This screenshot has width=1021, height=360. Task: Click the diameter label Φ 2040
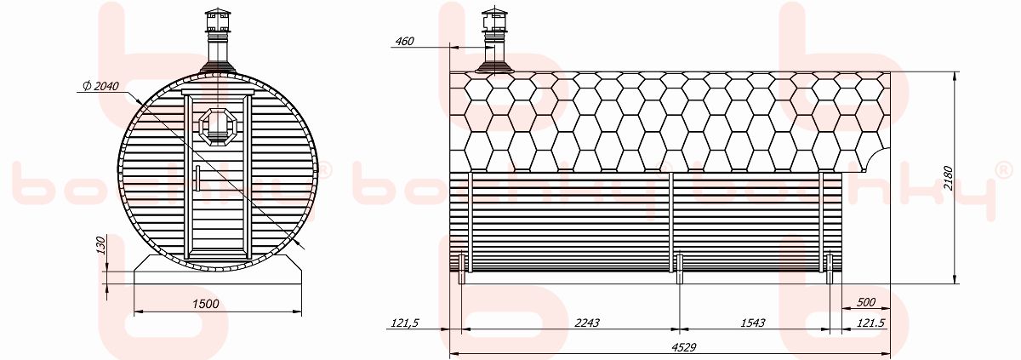click(x=101, y=86)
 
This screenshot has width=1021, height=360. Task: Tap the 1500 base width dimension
click(x=206, y=304)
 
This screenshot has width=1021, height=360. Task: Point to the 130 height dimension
click(x=101, y=245)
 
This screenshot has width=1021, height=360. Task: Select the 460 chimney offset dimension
click(x=404, y=41)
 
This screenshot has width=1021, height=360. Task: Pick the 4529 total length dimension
click(x=684, y=347)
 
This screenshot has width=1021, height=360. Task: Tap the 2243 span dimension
click(x=586, y=323)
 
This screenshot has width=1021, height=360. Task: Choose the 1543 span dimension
click(x=752, y=323)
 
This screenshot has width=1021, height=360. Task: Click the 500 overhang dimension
click(x=866, y=302)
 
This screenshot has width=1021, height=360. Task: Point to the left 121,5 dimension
click(x=405, y=323)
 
